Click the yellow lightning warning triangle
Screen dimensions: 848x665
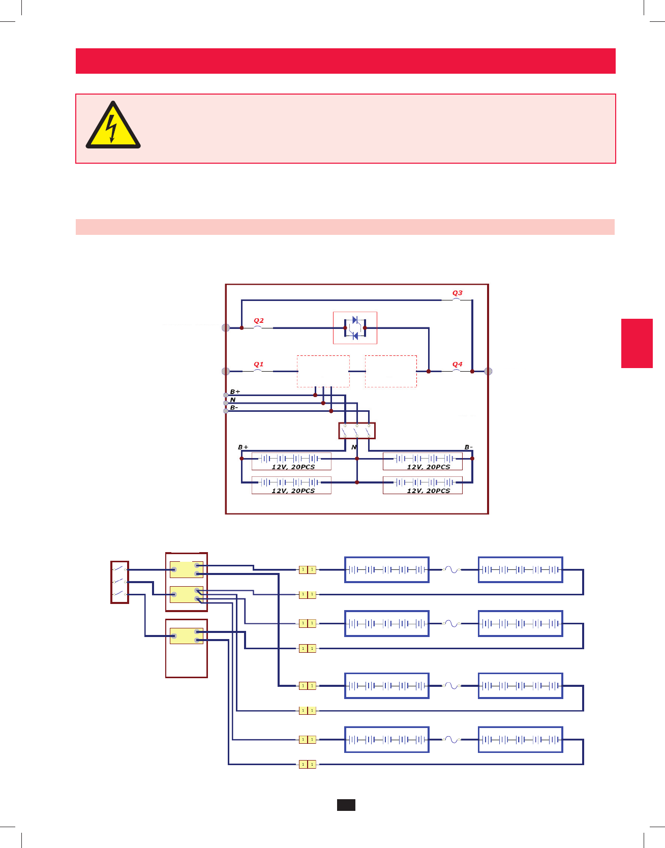tap(113, 126)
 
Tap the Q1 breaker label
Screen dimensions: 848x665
tap(258, 365)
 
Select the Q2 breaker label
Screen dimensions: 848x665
tap(258, 321)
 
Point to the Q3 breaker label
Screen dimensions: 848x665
tap(457, 293)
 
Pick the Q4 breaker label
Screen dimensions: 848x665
tap(457, 365)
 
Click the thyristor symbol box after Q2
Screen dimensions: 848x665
tap(355, 328)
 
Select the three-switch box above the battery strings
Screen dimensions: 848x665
tap(357, 431)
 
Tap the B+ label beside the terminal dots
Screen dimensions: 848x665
tap(235, 392)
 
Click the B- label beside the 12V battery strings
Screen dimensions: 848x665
tap(468, 447)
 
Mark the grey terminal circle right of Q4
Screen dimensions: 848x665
tap(489, 372)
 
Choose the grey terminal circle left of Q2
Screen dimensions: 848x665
tap(226, 328)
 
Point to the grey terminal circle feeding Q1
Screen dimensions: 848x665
tap(226, 372)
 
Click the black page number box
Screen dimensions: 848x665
tap(346, 805)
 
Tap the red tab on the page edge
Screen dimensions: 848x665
tap(637, 343)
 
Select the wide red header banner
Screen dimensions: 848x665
tap(346, 61)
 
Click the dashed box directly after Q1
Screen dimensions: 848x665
tap(323, 372)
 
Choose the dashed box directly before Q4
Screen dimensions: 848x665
tap(391, 372)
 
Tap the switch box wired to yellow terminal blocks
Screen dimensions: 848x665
tap(119, 582)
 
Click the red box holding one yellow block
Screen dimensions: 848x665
tap(186, 648)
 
